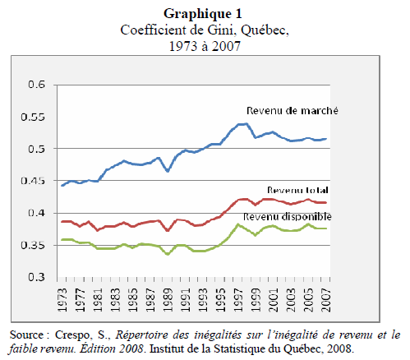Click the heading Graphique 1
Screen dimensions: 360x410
(x=204, y=14)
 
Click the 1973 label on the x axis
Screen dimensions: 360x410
(x=63, y=298)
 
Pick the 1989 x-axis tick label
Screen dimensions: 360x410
(x=168, y=298)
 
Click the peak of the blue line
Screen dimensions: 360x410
(x=244, y=124)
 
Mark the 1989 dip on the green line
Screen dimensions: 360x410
(x=168, y=254)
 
